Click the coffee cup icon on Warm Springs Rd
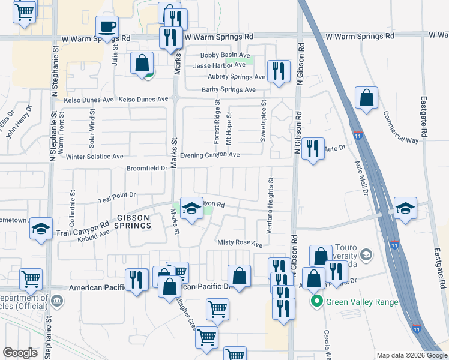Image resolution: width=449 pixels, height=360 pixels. click(107, 27)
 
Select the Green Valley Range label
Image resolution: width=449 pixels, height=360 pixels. click(361, 302)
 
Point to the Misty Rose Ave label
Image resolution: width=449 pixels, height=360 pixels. click(240, 244)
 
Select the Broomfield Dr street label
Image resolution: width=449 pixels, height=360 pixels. click(146, 169)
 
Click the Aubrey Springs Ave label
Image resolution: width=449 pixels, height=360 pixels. click(236, 77)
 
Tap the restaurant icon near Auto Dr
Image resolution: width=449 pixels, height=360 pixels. click(312, 148)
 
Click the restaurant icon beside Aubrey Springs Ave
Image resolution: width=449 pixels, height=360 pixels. click(278, 71)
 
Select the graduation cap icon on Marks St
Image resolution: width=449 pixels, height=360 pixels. click(191, 208)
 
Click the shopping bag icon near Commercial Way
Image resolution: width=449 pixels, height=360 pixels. click(366, 98)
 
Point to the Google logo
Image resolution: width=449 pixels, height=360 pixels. click(20, 353)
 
